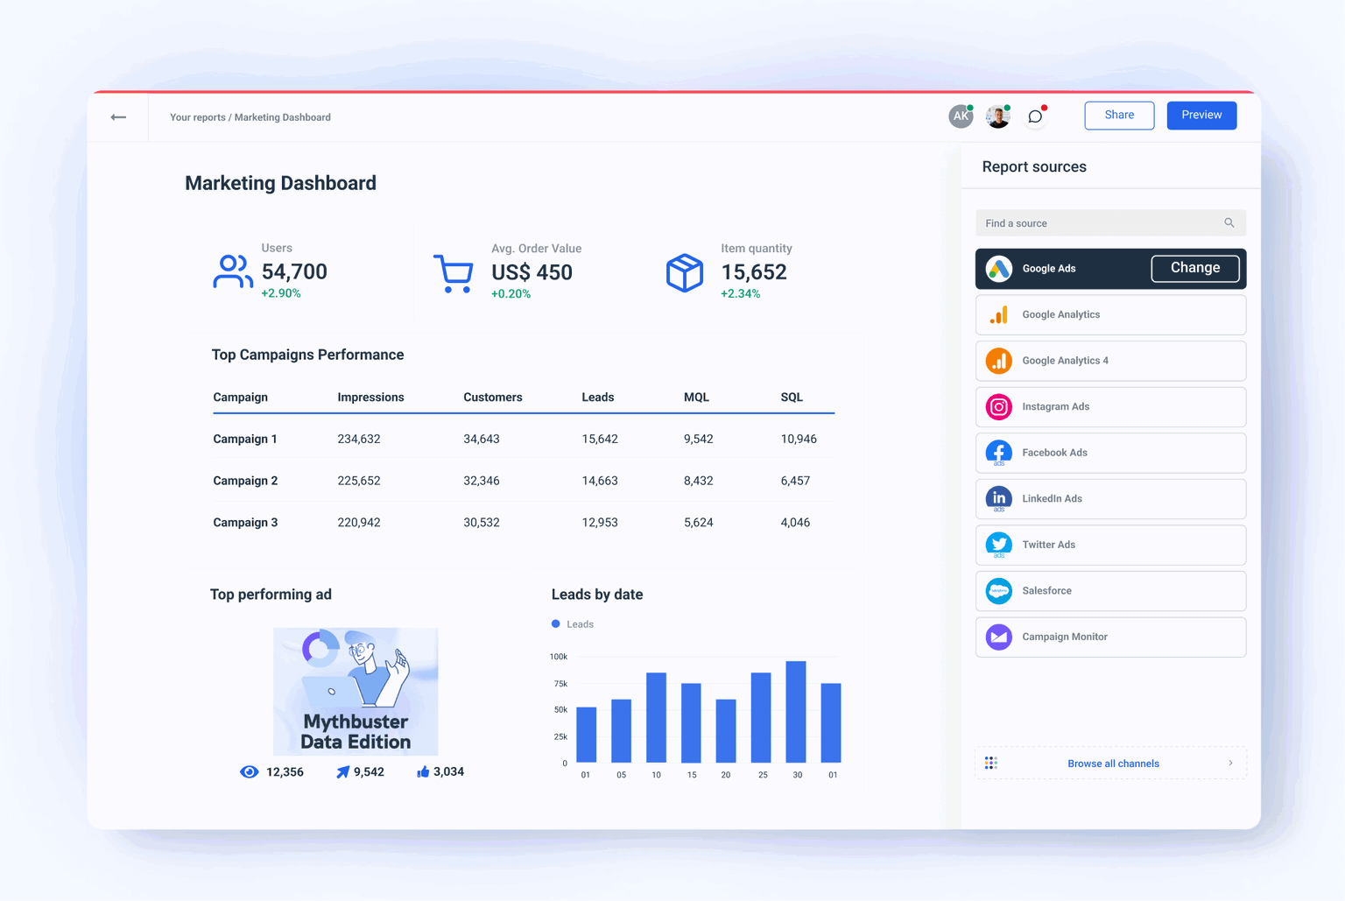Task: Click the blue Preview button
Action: (x=1201, y=116)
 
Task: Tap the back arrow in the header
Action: (x=118, y=117)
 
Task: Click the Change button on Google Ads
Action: (x=1194, y=268)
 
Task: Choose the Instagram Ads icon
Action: (x=999, y=407)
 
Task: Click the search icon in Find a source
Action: (x=1229, y=223)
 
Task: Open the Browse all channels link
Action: (x=1112, y=764)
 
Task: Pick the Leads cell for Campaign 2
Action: (x=600, y=481)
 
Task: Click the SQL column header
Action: (x=792, y=398)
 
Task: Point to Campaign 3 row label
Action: (x=245, y=523)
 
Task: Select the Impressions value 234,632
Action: (x=359, y=440)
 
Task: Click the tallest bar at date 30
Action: (x=796, y=711)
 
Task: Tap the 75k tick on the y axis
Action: (x=560, y=684)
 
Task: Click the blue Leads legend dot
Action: (x=556, y=624)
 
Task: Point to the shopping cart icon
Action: (x=453, y=273)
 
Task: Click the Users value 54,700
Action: (x=294, y=272)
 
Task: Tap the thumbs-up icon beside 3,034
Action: (x=423, y=771)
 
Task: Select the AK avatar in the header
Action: (x=961, y=116)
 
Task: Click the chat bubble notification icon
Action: (x=1035, y=116)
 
